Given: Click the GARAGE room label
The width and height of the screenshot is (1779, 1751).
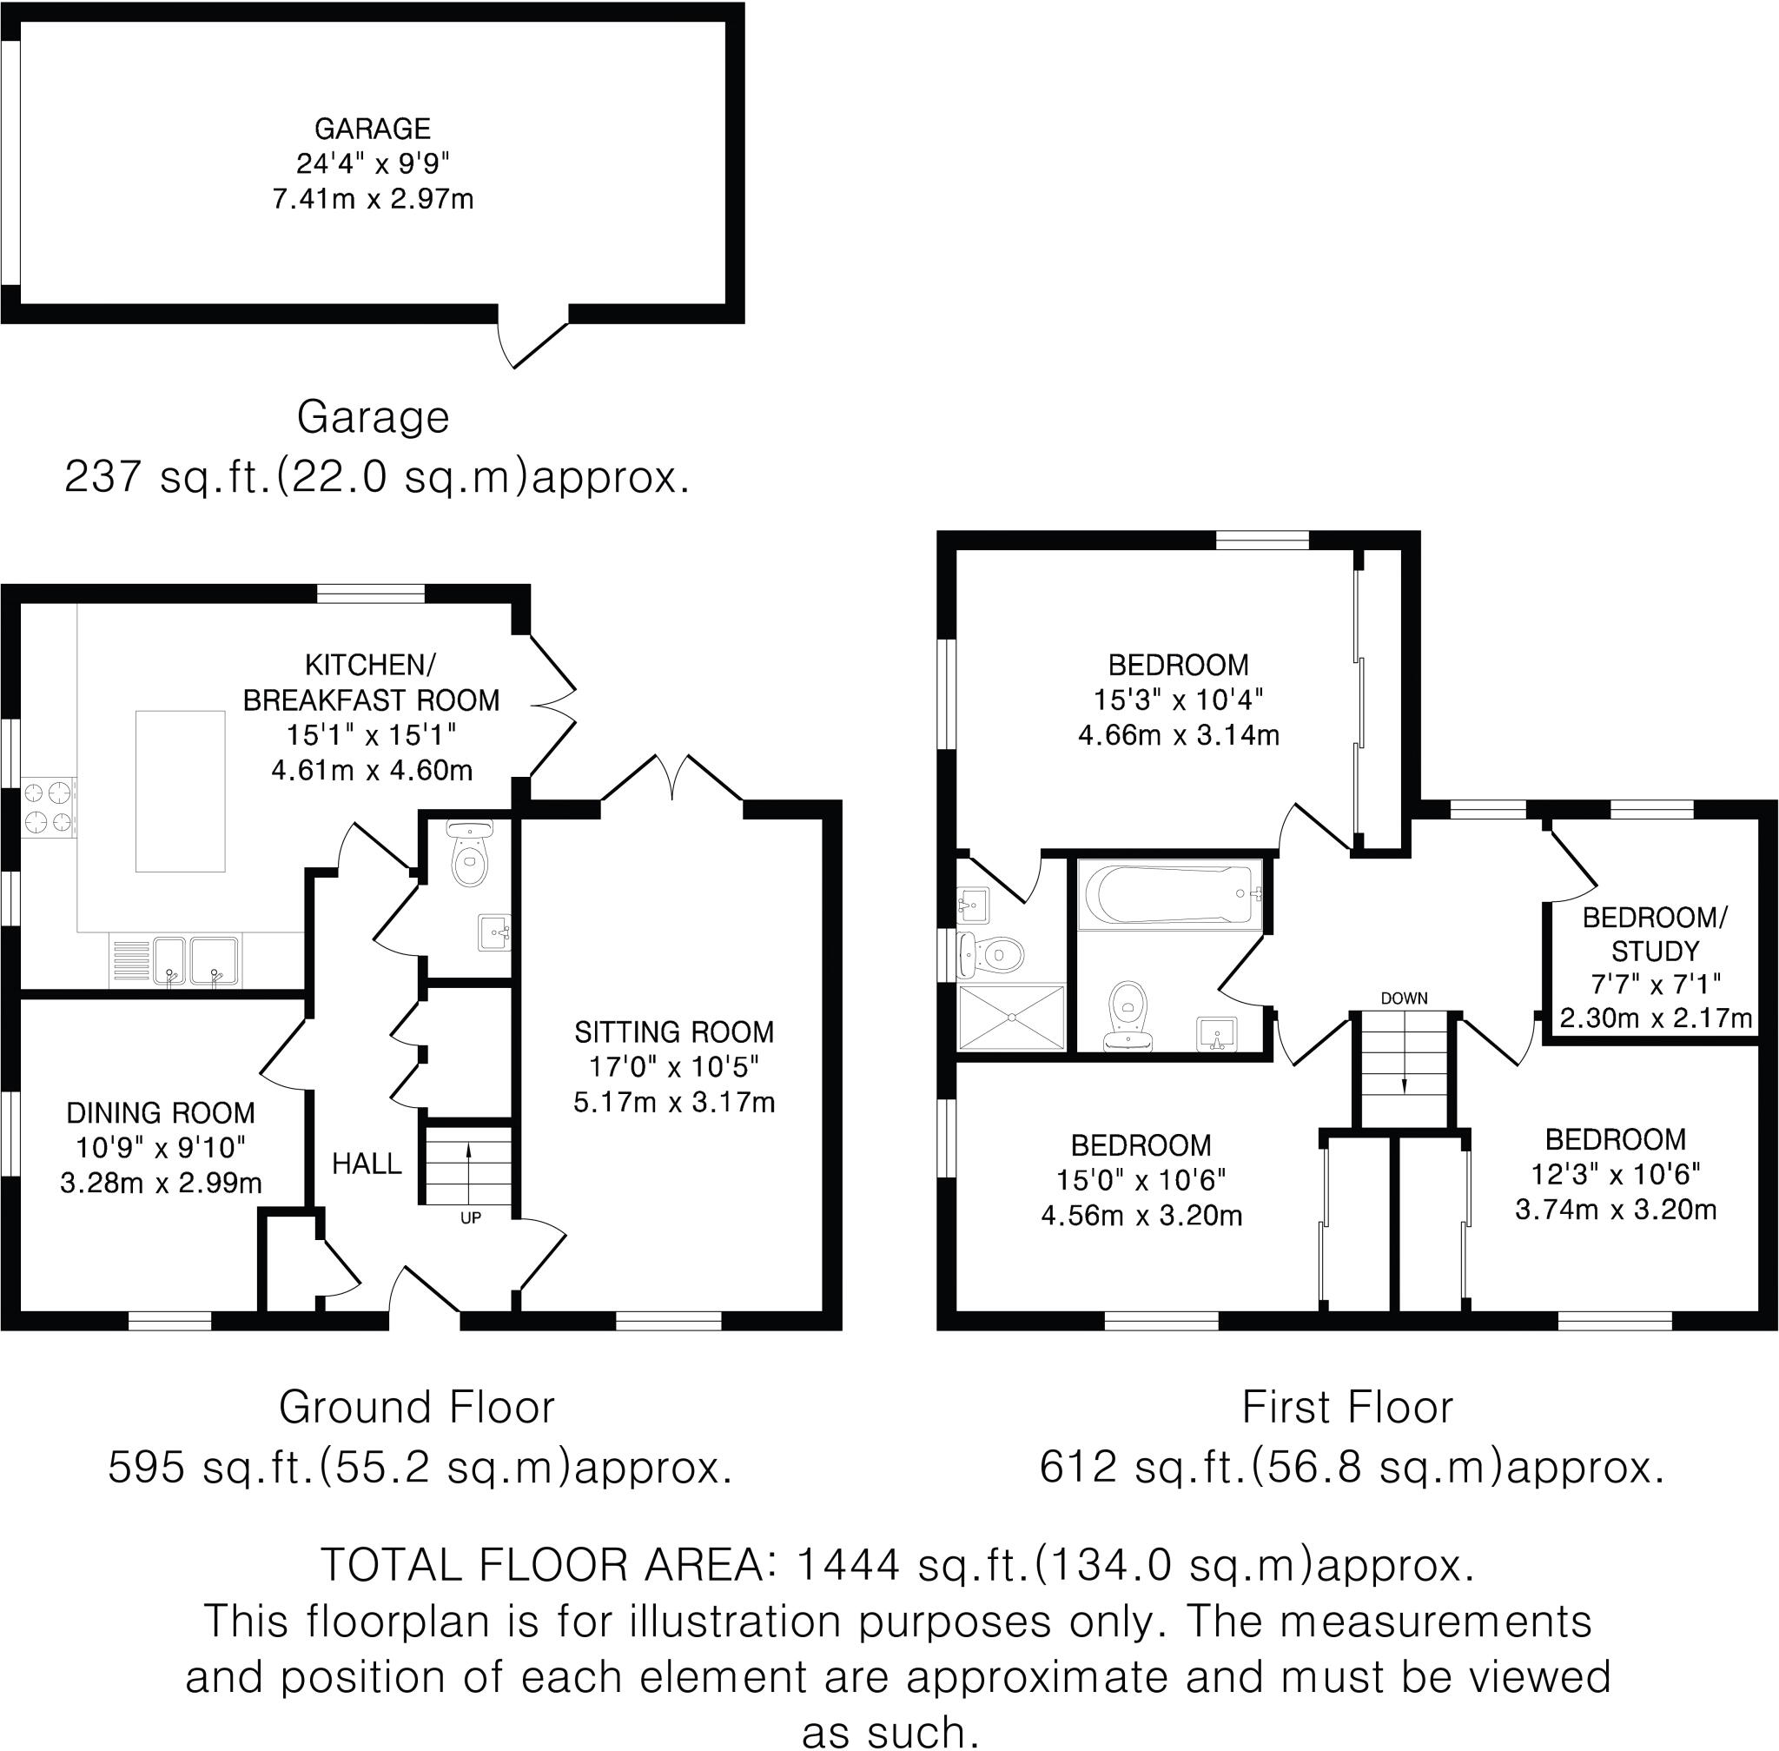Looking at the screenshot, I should tap(373, 128).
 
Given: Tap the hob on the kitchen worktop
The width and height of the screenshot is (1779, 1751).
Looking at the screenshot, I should tap(49, 806).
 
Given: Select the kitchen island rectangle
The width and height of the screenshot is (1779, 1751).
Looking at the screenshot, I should tap(180, 790).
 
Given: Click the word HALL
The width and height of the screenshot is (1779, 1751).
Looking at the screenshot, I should tap(367, 1164).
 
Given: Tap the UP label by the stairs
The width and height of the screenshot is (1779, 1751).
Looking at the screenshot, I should tap(470, 1217).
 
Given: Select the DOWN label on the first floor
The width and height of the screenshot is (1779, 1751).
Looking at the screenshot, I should tap(1404, 998).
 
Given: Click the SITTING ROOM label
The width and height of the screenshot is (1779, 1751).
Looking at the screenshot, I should tap(674, 1031).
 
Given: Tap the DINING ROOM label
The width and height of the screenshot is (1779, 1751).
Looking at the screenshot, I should tap(161, 1113).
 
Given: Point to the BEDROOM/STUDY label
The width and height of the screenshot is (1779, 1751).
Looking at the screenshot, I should tap(1655, 933).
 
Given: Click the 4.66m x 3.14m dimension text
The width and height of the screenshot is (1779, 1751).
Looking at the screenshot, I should tap(1178, 735).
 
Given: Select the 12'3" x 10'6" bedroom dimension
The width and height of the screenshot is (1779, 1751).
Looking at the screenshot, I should tap(1616, 1173).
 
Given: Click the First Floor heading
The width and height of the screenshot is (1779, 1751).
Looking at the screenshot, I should tap(1347, 1407).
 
